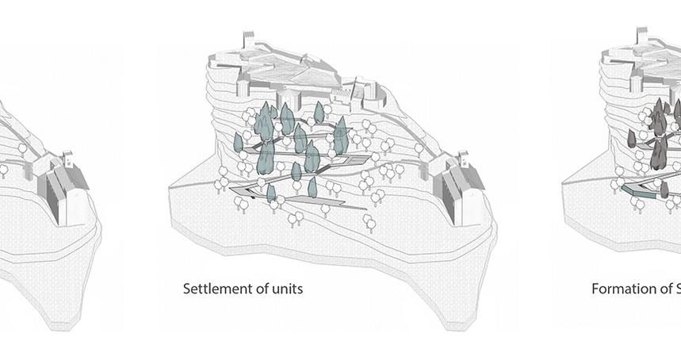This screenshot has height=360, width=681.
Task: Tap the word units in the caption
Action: tap(287, 289)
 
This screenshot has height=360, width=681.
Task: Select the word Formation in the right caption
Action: tap(621, 289)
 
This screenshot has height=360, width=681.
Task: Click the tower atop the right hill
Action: tap(642, 40)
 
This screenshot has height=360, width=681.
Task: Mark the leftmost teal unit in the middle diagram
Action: tap(238, 143)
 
